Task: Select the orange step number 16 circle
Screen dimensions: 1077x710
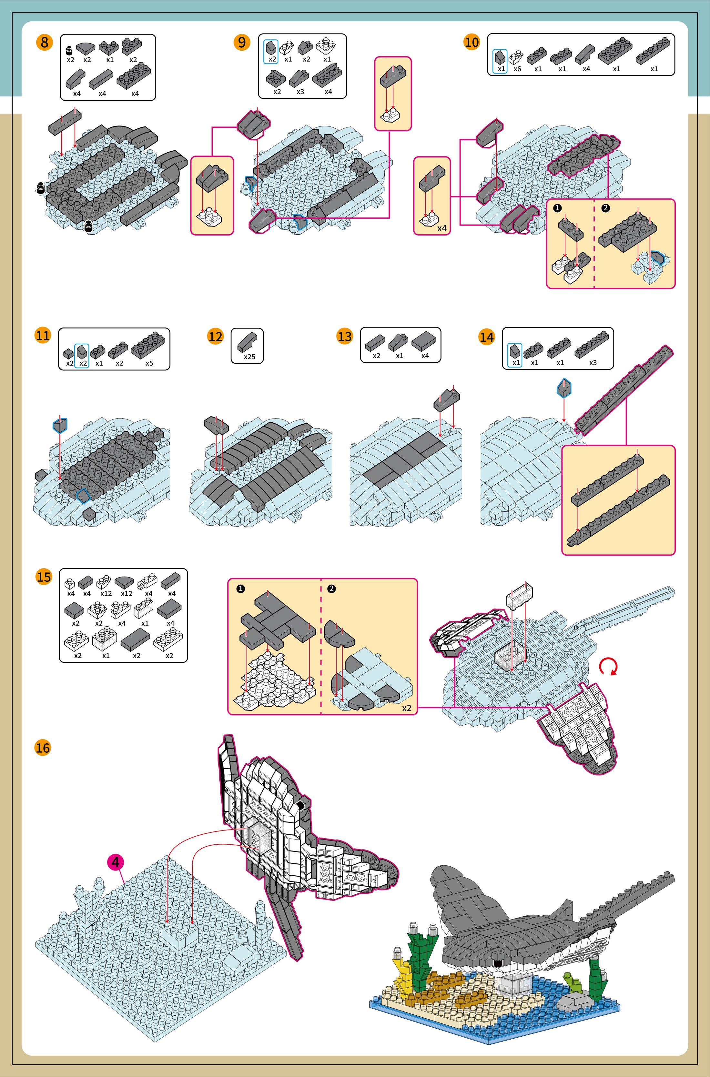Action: coord(43,748)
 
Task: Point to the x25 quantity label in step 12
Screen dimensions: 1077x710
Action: coord(249,357)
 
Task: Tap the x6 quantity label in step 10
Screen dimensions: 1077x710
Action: coord(517,69)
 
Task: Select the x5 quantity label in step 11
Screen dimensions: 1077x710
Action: coord(149,363)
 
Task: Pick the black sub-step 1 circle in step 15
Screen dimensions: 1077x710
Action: coord(241,589)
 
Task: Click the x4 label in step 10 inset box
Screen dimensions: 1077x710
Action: coord(441,229)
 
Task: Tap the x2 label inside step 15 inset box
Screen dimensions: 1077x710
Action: coord(407,708)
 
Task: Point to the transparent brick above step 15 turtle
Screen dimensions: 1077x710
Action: coord(519,595)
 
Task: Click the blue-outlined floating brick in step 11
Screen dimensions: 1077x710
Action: coord(60,426)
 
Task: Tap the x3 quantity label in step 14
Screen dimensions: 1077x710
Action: coord(593,363)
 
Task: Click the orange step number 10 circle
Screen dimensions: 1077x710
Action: coord(472,42)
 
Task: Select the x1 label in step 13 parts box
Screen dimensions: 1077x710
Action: coord(400,356)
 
